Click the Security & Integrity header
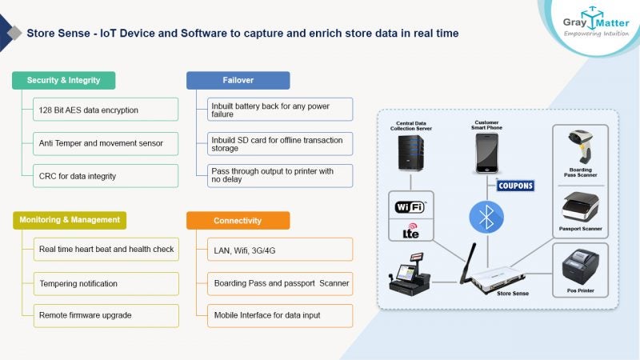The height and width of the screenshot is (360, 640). coord(63,80)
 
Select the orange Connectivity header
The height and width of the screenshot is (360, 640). coord(238,220)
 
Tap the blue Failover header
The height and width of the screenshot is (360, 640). coord(238,80)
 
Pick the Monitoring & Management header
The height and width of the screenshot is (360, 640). coord(70,220)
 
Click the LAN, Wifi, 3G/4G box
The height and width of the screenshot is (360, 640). coord(279,250)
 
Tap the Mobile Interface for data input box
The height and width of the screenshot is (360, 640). coord(279,315)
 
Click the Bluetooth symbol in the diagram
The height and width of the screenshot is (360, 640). coord(485,216)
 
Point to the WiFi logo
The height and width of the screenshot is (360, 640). coord(409,206)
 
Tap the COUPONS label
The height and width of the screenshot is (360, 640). coord(514,186)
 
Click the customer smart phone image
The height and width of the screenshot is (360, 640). coord(487,153)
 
